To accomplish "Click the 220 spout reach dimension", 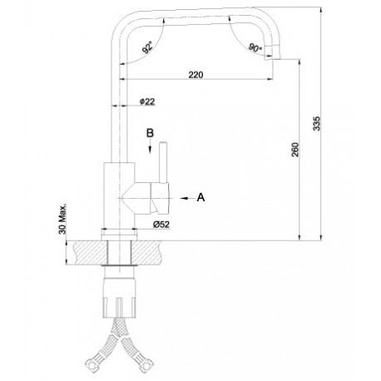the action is (195, 75).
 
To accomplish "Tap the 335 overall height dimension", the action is (316, 123).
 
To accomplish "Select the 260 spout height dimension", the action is (295, 150).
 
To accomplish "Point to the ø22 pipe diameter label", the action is (147, 101).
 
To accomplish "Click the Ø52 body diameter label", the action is (161, 224).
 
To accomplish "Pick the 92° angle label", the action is (147, 47).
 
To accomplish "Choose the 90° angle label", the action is (255, 47).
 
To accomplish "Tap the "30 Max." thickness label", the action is (62, 219).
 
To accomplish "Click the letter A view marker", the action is (200, 197).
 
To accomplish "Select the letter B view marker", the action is (150, 133).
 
